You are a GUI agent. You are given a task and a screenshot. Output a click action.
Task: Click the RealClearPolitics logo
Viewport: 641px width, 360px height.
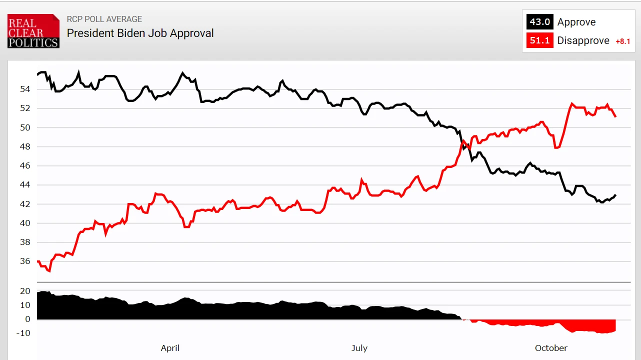tap(33, 31)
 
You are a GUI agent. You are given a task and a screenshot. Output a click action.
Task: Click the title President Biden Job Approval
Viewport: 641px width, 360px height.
tap(140, 33)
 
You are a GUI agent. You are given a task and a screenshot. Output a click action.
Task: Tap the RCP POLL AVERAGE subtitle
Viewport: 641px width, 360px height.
tap(104, 19)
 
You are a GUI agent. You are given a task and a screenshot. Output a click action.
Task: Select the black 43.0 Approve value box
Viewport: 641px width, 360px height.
tap(539, 22)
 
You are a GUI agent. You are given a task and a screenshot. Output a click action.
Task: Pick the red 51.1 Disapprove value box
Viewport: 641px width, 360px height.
tap(539, 40)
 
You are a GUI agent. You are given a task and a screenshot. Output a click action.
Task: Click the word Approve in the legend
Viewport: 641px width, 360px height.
tap(576, 22)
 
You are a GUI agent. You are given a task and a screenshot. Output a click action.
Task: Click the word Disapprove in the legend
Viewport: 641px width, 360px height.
tap(583, 40)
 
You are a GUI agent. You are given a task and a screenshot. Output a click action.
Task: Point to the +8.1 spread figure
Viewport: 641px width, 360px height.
tap(622, 41)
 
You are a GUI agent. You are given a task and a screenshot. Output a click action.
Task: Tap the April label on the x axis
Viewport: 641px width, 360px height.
tap(170, 348)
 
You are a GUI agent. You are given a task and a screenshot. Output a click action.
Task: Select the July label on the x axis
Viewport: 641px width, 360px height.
tap(359, 348)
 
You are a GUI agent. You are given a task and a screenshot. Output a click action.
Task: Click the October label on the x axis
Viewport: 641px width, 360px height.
tap(551, 348)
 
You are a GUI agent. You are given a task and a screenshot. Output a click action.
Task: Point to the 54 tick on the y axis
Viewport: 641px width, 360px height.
tap(25, 89)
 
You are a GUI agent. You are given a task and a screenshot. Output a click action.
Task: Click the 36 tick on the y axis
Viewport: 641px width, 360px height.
tap(25, 261)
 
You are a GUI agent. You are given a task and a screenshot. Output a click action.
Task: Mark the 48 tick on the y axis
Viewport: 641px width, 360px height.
tap(25, 146)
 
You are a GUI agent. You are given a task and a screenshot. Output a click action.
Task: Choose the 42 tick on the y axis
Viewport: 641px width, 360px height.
tap(25, 204)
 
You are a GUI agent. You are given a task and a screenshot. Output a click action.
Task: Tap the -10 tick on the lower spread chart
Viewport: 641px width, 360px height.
tap(23, 333)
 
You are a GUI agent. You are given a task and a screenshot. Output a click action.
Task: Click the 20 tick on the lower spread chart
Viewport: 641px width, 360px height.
tap(25, 291)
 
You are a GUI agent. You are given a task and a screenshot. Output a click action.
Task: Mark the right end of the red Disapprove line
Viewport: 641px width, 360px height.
tap(615, 116)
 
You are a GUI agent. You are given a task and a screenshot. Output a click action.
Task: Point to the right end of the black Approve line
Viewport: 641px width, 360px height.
tap(615, 195)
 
